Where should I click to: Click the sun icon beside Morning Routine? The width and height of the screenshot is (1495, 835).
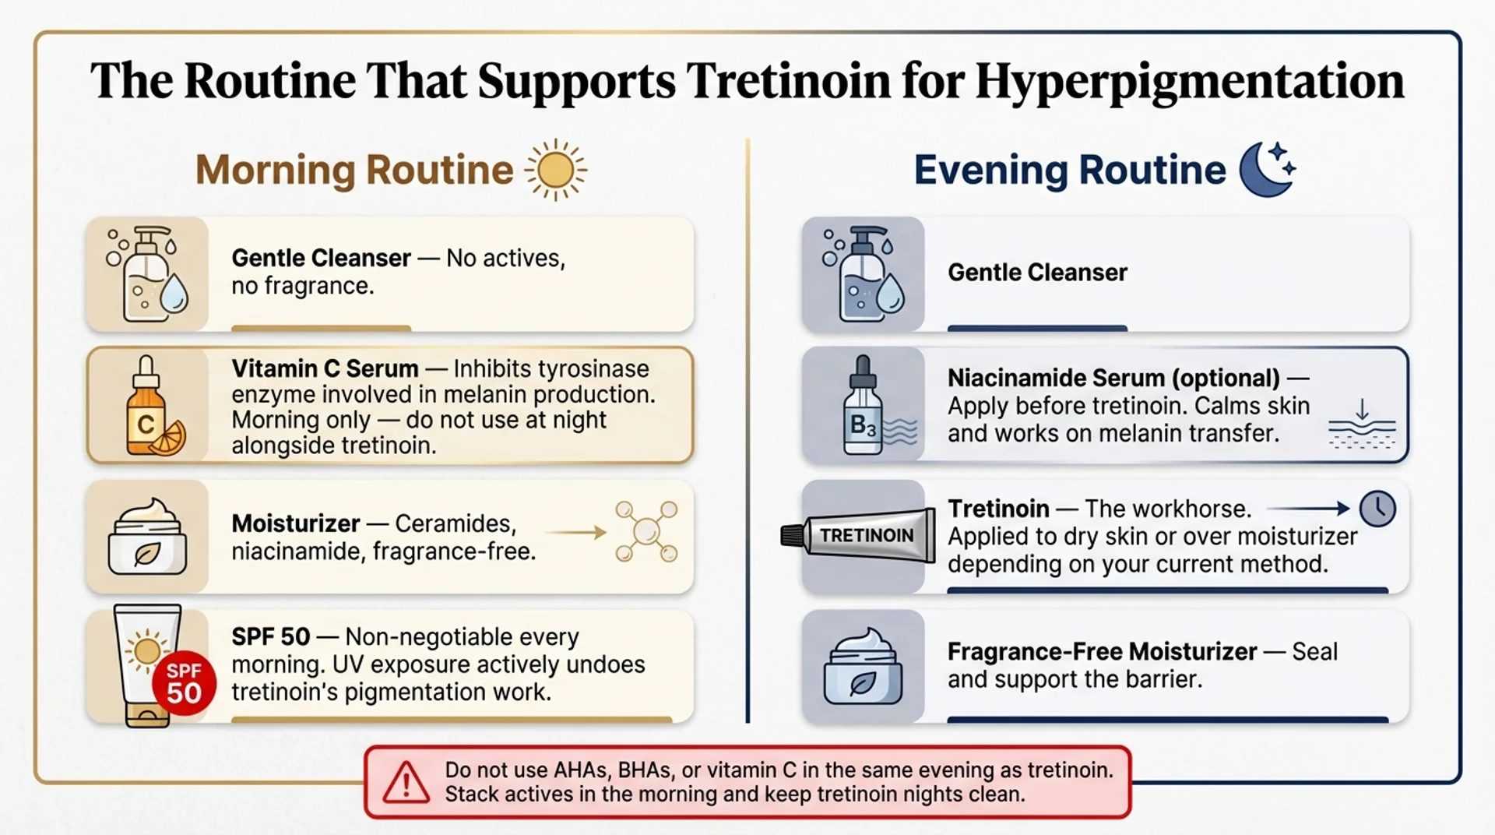(x=555, y=170)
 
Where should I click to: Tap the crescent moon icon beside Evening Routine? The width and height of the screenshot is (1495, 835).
(x=1266, y=169)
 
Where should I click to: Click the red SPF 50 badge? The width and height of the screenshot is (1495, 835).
(x=184, y=682)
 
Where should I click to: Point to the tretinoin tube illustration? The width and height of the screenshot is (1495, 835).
(x=860, y=535)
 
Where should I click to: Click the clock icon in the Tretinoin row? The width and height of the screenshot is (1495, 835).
(x=1377, y=509)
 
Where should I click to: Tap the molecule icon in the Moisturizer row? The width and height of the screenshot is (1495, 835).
(x=646, y=532)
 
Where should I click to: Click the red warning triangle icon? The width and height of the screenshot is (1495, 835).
(x=406, y=782)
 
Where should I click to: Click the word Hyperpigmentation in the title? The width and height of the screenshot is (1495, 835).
(x=1189, y=80)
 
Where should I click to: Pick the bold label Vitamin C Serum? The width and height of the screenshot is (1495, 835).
(x=325, y=368)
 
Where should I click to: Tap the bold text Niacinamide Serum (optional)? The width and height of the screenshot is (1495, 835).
(x=1113, y=378)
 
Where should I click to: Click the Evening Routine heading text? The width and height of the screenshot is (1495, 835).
(x=1070, y=170)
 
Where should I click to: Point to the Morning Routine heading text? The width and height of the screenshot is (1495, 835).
(x=354, y=170)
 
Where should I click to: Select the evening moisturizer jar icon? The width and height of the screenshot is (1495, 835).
(x=863, y=667)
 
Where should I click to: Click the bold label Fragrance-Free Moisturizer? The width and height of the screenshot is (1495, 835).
(x=1102, y=651)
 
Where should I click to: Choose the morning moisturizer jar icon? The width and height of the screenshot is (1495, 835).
(x=148, y=537)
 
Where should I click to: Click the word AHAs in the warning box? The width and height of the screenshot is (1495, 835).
(x=582, y=770)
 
